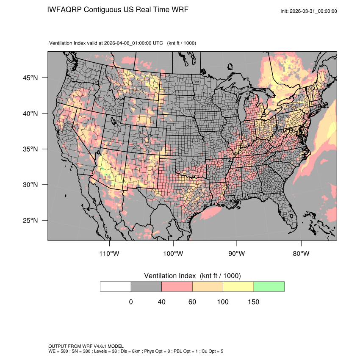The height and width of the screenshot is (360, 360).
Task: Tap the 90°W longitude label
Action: tap(237, 253)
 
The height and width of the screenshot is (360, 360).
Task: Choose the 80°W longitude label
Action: tap(301, 253)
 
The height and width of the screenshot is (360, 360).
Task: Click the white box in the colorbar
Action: tap(116, 286)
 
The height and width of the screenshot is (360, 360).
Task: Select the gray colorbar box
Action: tap(146, 286)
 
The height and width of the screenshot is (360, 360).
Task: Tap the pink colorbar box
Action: tap(177, 286)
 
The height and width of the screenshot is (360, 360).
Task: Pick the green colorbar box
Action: tap(269, 286)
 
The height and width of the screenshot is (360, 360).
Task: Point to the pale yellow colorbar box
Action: tap(238, 286)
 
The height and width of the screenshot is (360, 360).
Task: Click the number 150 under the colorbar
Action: tap(253, 302)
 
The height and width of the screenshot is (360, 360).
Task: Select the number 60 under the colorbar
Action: tap(192, 302)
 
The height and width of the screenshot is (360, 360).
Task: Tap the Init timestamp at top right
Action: tap(309, 11)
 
